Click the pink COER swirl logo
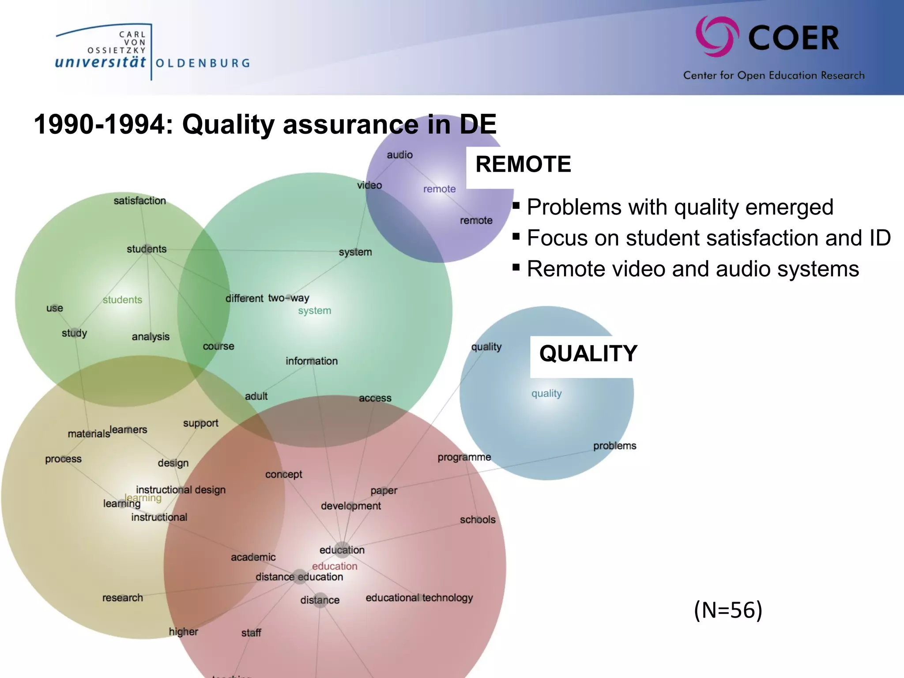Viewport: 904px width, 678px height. point(717,37)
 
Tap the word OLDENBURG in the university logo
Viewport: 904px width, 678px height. point(203,63)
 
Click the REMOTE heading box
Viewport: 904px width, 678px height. point(523,165)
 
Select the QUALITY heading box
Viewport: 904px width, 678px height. point(588,354)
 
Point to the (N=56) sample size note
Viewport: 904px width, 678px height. point(728,610)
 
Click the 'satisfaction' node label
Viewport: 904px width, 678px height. point(139,201)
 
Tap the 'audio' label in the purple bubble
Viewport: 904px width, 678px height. point(399,155)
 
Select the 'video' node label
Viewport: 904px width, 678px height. point(369,185)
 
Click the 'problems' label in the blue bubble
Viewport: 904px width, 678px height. point(614,446)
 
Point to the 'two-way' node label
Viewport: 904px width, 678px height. point(289,298)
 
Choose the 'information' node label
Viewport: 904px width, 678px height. point(311,361)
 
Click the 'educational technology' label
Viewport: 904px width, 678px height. point(419,598)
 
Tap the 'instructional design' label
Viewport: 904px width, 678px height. point(181,490)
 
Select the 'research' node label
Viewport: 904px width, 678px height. point(122,598)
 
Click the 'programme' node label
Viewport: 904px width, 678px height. point(464,457)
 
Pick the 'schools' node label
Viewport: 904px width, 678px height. point(477,520)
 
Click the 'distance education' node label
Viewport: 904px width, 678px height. point(299,577)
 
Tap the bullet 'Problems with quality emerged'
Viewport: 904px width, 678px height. point(680,207)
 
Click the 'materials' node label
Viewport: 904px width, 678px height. point(88,434)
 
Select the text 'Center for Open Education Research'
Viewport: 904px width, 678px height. point(773,75)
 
